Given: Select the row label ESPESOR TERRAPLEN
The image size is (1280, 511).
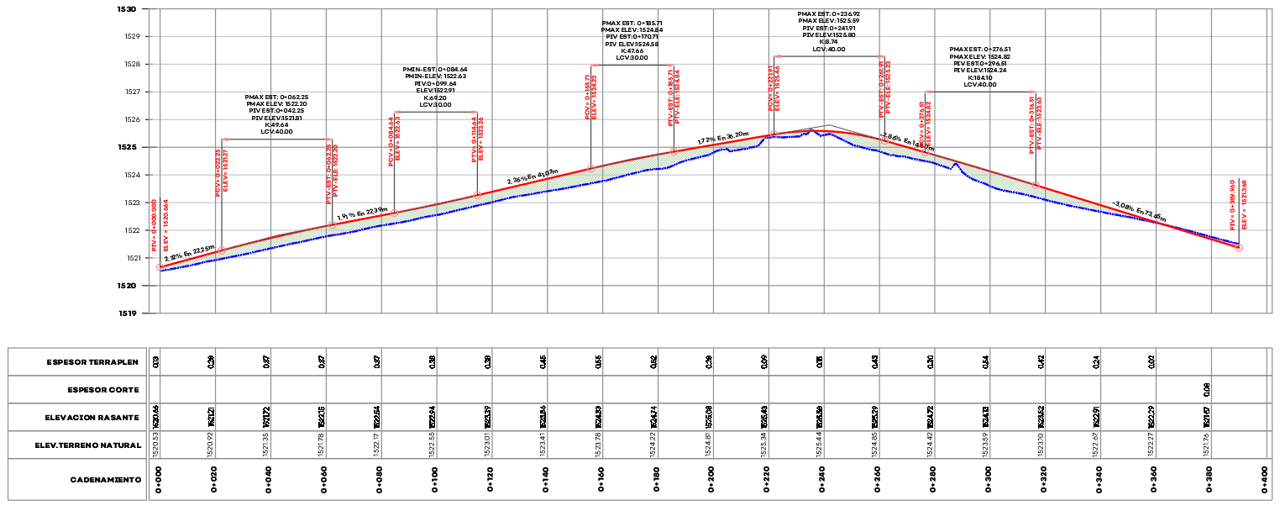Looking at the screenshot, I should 92,362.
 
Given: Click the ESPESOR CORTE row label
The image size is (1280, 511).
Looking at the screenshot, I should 102,390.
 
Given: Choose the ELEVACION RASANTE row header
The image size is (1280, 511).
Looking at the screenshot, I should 92,418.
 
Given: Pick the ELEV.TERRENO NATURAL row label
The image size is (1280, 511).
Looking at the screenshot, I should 87,445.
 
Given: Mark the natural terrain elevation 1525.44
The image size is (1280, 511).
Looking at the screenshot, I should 820,445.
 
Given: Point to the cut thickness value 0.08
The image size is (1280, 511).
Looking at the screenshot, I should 1207,390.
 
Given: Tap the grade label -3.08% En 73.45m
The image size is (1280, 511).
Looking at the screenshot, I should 1138,210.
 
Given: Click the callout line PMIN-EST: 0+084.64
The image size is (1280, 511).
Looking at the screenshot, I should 435,70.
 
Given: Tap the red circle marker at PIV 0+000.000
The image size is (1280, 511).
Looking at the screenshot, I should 160,267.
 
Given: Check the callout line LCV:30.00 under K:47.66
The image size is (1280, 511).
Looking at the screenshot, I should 632,57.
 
